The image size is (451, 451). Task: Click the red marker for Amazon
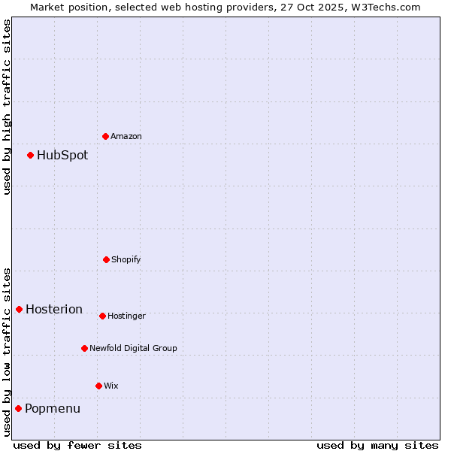point(105,136)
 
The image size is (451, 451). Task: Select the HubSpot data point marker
point(30,155)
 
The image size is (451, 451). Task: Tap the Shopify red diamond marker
point(106,259)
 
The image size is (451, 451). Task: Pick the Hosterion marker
point(19,309)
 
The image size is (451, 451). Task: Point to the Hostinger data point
point(102,316)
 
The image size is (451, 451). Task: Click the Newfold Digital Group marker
point(84,348)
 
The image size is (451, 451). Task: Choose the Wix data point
point(98,386)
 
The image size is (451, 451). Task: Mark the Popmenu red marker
point(18,408)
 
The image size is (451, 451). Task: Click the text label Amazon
point(126,136)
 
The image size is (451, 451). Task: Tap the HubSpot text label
point(62,156)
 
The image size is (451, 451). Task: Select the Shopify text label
point(126,259)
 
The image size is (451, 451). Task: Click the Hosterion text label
point(54,310)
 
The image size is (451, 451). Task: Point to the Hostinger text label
point(126,316)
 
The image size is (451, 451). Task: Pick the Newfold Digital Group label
point(134,348)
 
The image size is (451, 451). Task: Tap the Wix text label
point(111,386)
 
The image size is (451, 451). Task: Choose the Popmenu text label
point(53,409)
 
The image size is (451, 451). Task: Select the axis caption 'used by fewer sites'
point(77,445)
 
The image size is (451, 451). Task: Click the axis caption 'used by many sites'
point(377,445)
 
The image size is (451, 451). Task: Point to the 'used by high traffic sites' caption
point(7,107)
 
